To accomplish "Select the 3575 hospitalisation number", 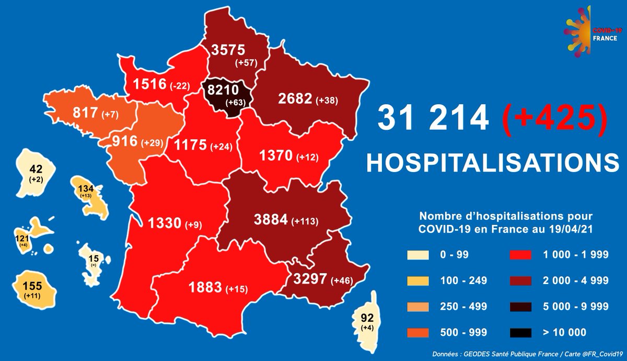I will [229, 50].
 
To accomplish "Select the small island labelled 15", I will [94, 260].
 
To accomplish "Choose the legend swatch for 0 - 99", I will [417, 255].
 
